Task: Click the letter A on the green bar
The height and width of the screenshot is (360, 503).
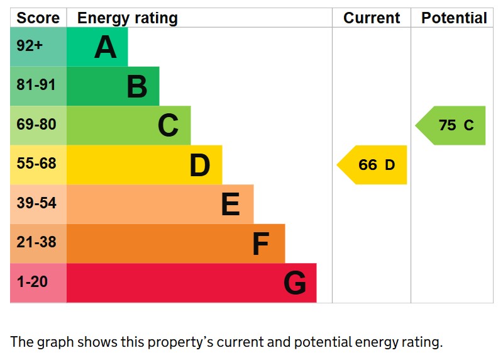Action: click(x=106, y=47)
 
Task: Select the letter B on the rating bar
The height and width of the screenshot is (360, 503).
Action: click(x=137, y=87)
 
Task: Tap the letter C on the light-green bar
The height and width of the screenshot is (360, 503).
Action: click(x=168, y=126)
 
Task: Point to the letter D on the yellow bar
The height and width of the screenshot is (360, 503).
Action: click(x=199, y=166)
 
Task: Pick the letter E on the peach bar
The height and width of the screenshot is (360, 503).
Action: click(x=230, y=205)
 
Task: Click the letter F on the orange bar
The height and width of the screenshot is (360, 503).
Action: click(x=260, y=244)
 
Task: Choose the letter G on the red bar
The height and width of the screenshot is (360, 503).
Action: click(x=294, y=283)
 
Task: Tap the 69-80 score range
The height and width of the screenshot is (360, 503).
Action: click(x=36, y=125)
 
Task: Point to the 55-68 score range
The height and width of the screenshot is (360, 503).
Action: click(x=36, y=164)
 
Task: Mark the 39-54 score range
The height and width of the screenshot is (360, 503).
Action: click(x=36, y=203)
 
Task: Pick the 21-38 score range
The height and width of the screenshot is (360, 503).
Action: click(x=36, y=242)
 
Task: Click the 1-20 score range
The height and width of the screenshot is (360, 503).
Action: click(x=32, y=282)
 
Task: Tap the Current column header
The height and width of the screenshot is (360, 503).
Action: click(x=372, y=18)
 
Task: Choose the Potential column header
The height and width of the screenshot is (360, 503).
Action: click(x=454, y=18)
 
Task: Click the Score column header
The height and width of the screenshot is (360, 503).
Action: click(x=38, y=18)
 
